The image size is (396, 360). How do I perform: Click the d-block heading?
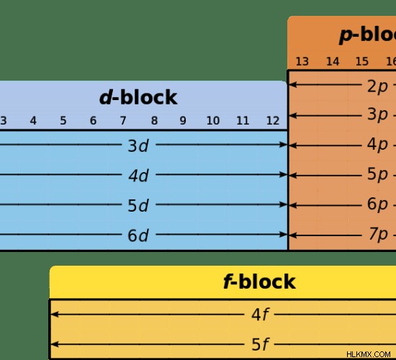coord(138,97)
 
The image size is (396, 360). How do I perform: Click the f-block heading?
coord(259,282)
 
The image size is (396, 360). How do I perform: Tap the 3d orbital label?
coord(138,145)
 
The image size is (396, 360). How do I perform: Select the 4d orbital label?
coord(139,176)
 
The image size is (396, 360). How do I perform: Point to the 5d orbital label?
coord(138,205)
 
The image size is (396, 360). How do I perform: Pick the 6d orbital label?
coord(138,235)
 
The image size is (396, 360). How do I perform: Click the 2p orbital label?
coord(377,86)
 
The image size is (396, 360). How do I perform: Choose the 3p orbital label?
coord(377,114)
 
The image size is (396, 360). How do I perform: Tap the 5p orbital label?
coord(377,174)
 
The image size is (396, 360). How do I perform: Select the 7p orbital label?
coord(378,234)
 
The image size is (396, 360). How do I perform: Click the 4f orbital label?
coord(261,315)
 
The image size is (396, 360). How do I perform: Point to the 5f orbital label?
coord(261,344)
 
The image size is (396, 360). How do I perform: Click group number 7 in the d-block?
coord(123,121)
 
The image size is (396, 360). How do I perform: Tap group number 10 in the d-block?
coord(213,121)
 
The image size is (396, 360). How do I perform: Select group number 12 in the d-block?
coord(273,121)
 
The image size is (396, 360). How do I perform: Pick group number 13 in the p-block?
coord(302,61)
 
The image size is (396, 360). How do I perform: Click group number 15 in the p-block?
coord(362,61)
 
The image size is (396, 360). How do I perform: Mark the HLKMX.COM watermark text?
coord(369,354)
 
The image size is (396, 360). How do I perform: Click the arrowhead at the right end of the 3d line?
coord(284,145)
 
